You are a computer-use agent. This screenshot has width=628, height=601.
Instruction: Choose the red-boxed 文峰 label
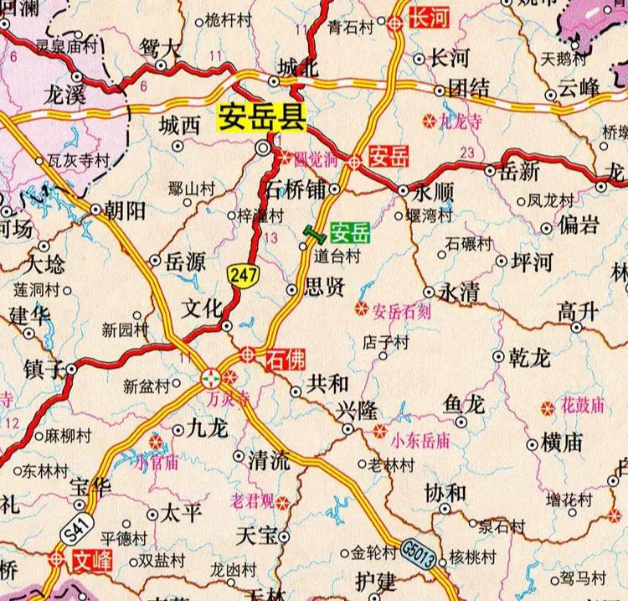[90, 559]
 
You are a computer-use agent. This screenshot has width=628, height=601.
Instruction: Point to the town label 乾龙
[529, 358]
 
